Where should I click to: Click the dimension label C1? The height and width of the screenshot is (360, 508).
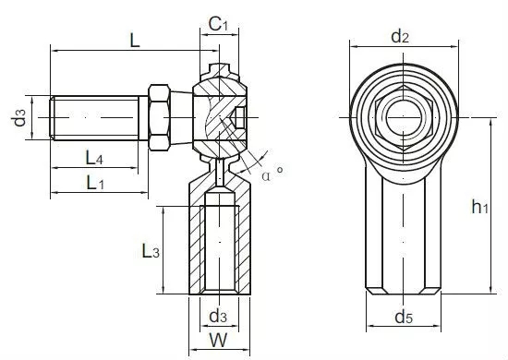(218, 24)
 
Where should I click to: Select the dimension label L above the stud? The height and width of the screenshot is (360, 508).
(135, 41)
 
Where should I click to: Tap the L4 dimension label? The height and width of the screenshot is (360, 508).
(94, 158)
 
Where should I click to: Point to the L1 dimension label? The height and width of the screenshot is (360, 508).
(95, 183)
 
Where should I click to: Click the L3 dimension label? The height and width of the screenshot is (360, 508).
(151, 251)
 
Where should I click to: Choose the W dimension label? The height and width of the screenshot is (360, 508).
(218, 341)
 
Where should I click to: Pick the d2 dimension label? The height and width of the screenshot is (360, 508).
(400, 36)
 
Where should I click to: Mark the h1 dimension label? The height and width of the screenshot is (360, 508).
(479, 207)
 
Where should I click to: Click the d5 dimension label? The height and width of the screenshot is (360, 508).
(404, 317)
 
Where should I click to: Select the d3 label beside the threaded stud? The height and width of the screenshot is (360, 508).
(19, 117)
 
